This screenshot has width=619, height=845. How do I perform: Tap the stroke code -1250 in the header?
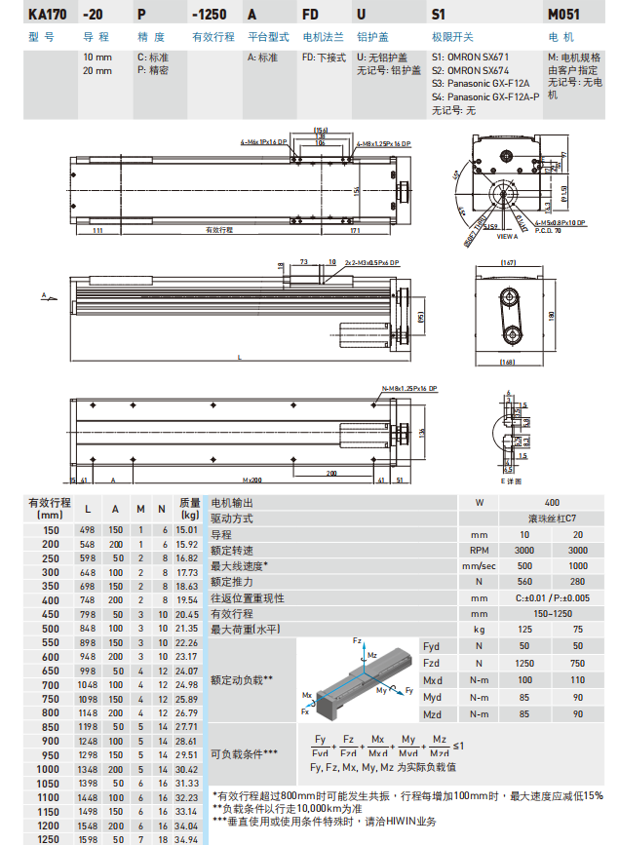pyautogui.click(x=210, y=15)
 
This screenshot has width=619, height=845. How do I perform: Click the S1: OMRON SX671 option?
pyautogui.click(x=470, y=58)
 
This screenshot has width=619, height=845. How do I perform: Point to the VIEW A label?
pyautogui.click(x=508, y=236)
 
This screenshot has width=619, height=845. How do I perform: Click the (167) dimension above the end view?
pyautogui.click(x=508, y=263)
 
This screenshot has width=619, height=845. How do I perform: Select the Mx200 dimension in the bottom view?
pyautogui.click(x=251, y=480)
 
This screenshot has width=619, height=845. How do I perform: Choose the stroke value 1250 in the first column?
pyautogui.click(x=48, y=838)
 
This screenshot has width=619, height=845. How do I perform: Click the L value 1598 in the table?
pyautogui.click(x=89, y=838)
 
